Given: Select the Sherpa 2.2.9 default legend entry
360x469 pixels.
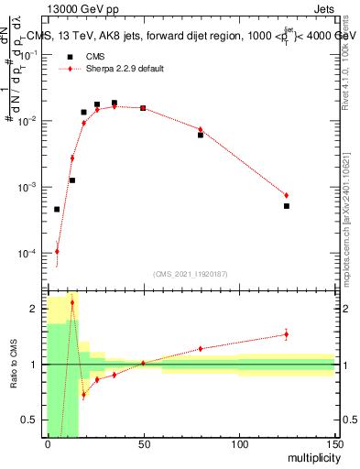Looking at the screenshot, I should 125,69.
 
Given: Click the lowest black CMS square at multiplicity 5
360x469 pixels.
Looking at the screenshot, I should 57,209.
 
